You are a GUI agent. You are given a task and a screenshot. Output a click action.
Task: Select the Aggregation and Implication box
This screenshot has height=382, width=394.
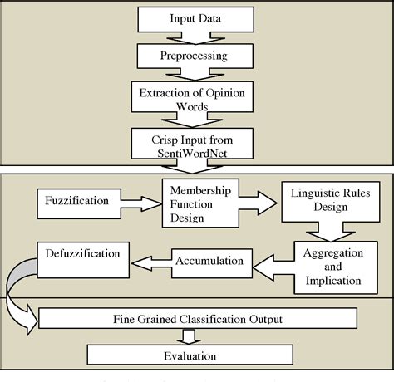point(328,267)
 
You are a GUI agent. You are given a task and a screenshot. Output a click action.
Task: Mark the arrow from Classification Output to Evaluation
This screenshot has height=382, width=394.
point(190,336)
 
